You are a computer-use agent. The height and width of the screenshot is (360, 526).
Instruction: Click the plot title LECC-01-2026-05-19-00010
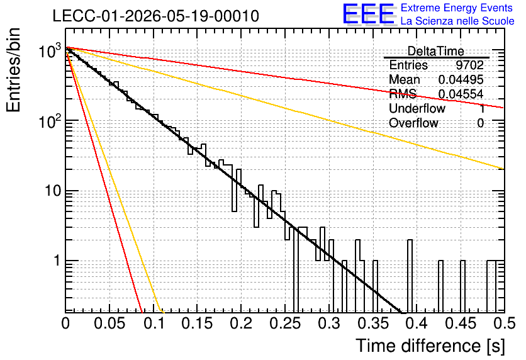[155, 16]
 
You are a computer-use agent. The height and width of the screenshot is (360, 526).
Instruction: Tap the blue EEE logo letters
[369, 14]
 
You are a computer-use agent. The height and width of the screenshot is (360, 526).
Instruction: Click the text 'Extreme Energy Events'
[457, 8]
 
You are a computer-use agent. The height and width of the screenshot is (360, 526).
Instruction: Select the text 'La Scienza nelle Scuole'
[457, 21]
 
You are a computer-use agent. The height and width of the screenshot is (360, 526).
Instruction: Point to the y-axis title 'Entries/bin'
[14, 70]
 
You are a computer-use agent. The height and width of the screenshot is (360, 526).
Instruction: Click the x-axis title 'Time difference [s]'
[430, 346]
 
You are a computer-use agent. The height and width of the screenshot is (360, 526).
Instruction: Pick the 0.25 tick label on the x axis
[285, 323]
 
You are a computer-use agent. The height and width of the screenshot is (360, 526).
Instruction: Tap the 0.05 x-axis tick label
[109, 323]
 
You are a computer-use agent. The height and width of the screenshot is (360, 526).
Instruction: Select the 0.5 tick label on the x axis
[504, 323]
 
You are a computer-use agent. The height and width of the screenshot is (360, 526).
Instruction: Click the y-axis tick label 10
[53, 191]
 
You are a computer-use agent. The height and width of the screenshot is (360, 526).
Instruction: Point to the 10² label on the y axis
[50, 120]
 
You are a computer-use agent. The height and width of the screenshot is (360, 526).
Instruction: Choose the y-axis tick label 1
[57, 261]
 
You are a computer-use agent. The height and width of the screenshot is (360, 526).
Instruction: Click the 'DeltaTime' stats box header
[436, 51]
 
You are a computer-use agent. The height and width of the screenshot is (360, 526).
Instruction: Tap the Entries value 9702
[469, 65]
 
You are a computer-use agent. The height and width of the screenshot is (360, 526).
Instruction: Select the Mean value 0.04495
[461, 79]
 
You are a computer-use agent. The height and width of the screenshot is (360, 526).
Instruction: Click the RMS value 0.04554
[461, 94]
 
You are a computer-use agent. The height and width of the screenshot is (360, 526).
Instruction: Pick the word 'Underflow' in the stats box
[417, 108]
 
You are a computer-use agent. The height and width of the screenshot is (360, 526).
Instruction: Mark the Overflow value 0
[480, 123]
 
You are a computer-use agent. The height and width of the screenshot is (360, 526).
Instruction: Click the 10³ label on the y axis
[50, 51]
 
